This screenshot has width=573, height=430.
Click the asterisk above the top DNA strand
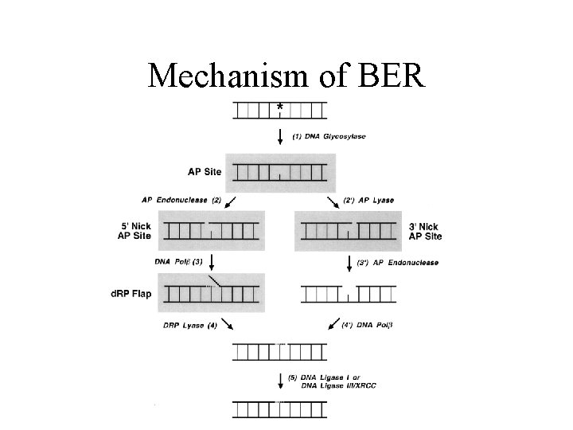279,106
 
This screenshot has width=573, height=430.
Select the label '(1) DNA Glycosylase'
330,136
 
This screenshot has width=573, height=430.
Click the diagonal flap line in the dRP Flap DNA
216,281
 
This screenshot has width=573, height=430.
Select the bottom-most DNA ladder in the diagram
279,409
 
